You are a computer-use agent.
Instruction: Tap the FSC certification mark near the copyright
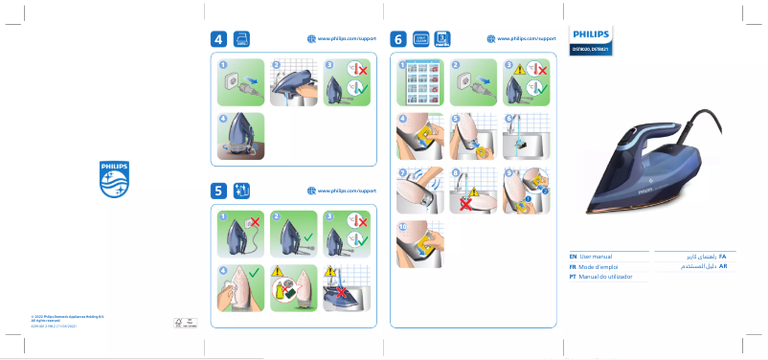click(179, 322)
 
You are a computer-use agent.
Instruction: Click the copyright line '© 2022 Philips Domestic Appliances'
click(67, 315)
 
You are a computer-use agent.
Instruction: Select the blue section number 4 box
click(219, 39)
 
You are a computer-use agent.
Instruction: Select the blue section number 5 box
click(219, 191)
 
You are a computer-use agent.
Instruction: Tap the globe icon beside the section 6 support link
click(491, 39)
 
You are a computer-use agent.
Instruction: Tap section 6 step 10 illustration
click(419, 245)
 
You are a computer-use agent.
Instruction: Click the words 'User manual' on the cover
click(596, 258)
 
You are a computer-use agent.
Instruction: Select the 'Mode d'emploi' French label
click(599, 267)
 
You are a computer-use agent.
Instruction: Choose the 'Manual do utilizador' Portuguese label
click(606, 277)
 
